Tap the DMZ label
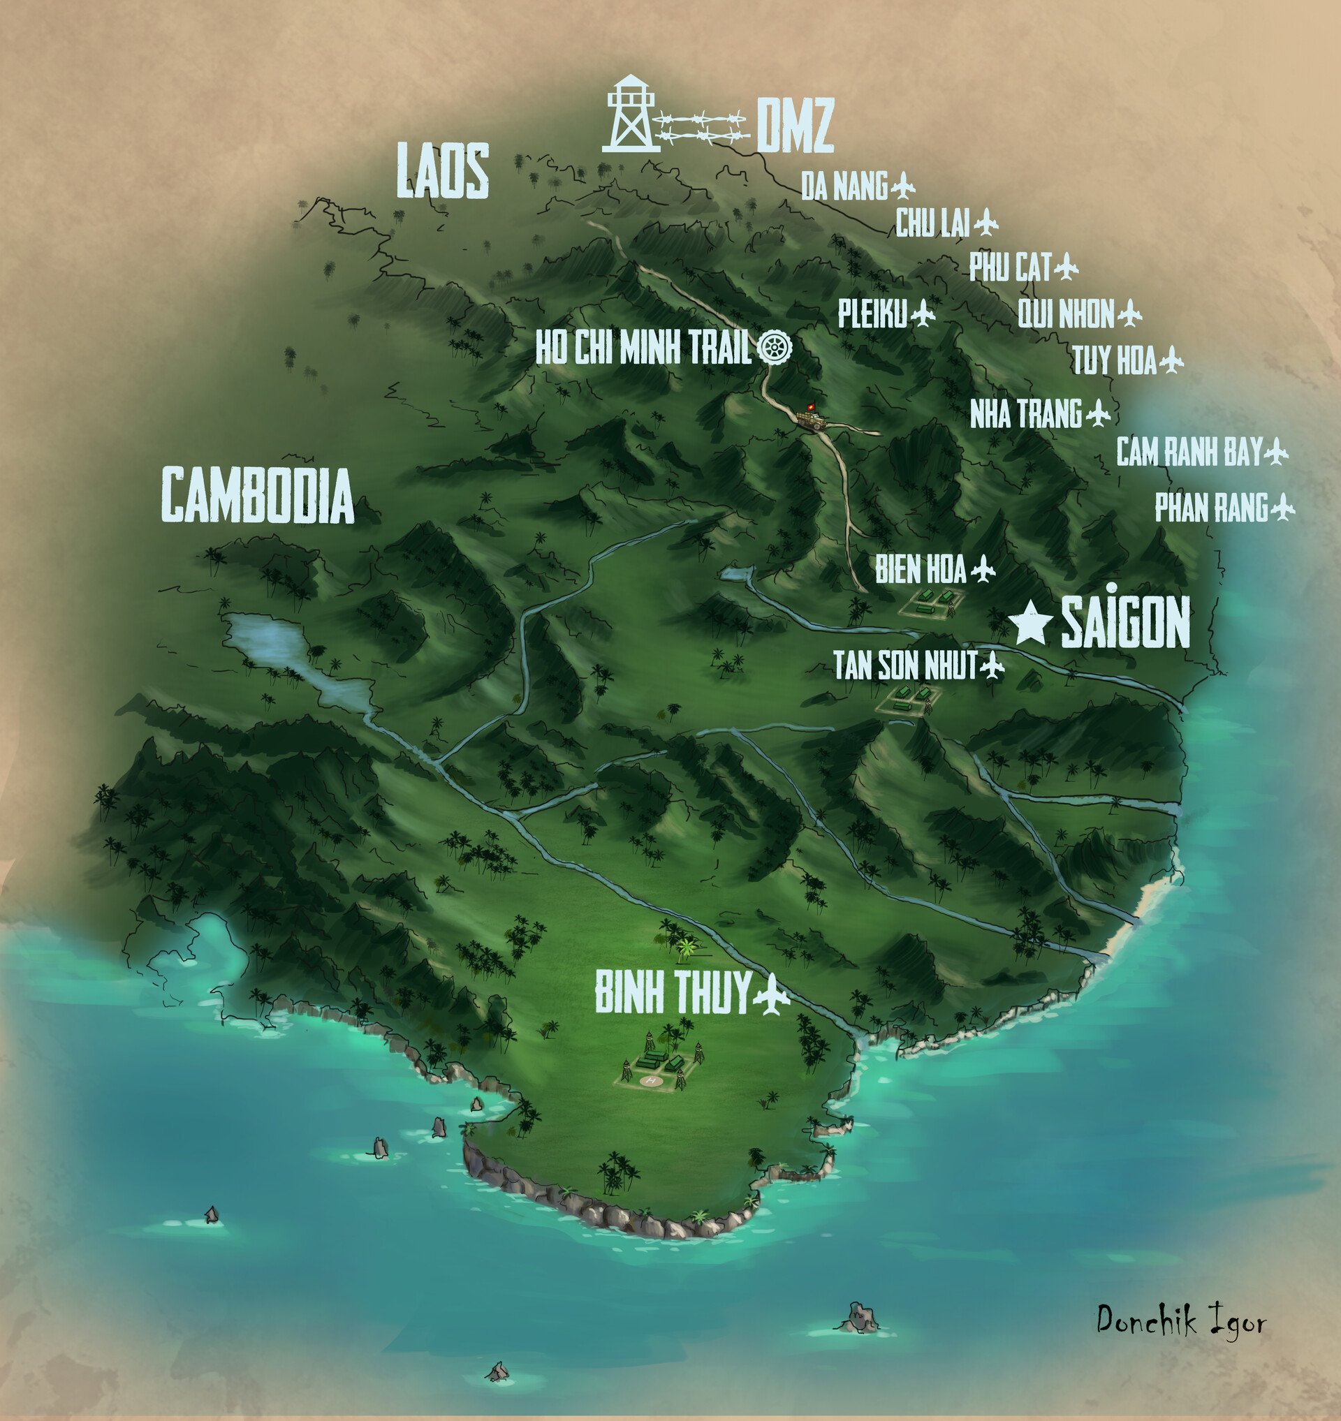pyautogui.click(x=795, y=126)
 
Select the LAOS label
pyautogui.click(x=443, y=170)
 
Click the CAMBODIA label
pyautogui.click(x=257, y=494)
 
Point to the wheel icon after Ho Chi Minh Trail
pyautogui.click(x=774, y=346)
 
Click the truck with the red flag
pyautogui.click(x=812, y=418)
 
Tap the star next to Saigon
pyautogui.click(x=1031, y=622)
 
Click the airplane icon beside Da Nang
pyautogui.click(x=904, y=186)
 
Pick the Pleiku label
pyautogui.click(x=872, y=313)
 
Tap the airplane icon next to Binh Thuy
pyautogui.click(x=771, y=993)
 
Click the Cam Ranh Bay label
pyautogui.click(x=1189, y=452)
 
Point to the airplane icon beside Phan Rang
pyautogui.click(x=1283, y=508)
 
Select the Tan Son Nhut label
pyautogui.click(x=905, y=665)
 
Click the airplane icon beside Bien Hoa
pyautogui.click(x=983, y=569)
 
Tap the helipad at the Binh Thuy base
pyautogui.click(x=650, y=1081)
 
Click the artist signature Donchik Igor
pyautogui.click(x=1181, y=1318)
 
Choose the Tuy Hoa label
pyautogui.click(x=1114, y=360)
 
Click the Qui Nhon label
pyautogui.click(x=1065, y=314)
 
